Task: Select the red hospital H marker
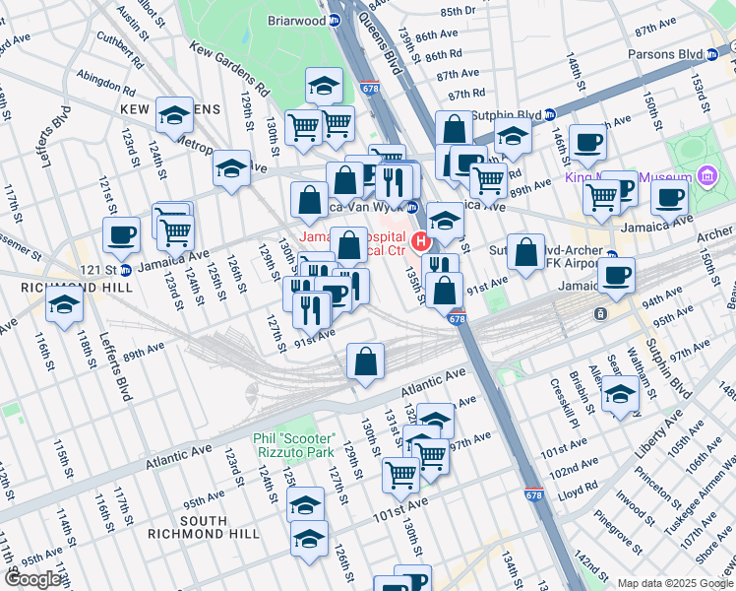(422, 241)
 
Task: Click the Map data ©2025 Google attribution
(675, 583)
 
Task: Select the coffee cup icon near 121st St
(122, 234)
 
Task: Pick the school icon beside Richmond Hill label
(64, 302)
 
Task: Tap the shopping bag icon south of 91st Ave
(365, 361)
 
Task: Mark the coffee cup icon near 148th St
(587, 142)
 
